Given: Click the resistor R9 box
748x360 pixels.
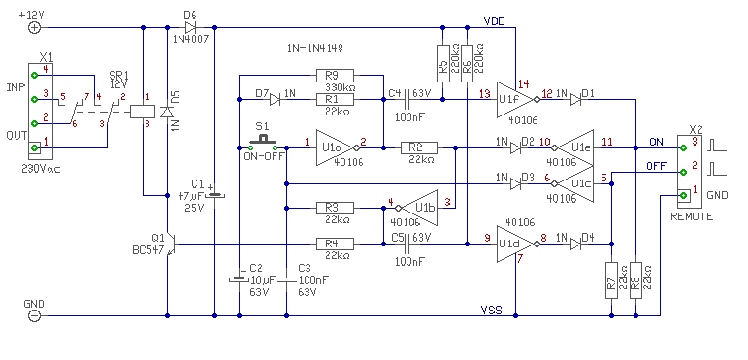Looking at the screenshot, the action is (x=335, y=76).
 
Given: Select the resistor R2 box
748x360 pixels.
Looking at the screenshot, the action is (x=418, y=148).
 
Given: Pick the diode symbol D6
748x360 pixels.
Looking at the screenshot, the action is (x=190, y=28).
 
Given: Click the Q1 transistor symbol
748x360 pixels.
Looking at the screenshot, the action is (x=172, y=245).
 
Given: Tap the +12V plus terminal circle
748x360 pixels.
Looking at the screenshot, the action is (x=34, y=28).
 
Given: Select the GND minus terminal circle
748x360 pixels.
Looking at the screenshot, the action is (x=34, y=315).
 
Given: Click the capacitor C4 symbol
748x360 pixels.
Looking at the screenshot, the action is (x=406, y=100).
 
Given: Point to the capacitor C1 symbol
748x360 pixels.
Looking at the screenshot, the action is (x=214, y=195).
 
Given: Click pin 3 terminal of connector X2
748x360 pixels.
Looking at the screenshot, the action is (x=683, y=147).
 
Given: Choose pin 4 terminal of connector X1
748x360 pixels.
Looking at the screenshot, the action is (x=34, y=76).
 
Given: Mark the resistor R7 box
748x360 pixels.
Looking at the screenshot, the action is (x=611, y=279).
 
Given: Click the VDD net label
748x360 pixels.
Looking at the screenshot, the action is (x=494, y=22).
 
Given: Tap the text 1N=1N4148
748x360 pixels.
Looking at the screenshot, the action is (x=315, y=49).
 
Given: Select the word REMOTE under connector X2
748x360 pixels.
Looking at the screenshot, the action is (x=692, y=217).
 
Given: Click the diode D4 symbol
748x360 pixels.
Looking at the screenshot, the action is (x=575, y=245).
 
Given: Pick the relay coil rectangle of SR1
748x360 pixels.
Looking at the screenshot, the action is (x=143, y=112).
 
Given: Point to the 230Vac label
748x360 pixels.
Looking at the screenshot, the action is (x=43, y=168).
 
